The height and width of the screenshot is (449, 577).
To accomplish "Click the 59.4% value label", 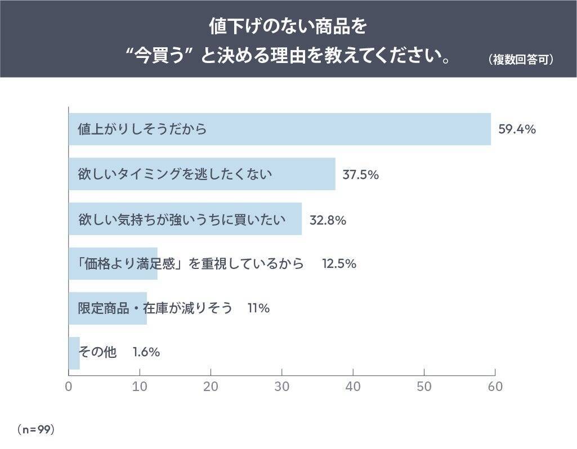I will (517, 129).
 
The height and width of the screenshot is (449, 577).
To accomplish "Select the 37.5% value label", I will (360, 174).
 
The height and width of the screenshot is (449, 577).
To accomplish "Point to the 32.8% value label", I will (328, 219).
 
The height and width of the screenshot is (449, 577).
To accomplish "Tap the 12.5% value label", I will (339, 263).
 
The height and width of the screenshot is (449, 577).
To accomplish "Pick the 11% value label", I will (258, 308).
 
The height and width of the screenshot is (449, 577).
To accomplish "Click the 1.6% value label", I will (146, 352).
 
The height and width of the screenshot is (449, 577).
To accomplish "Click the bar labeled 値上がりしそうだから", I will (280, 129).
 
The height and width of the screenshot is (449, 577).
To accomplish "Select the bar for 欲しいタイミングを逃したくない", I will (202, 174).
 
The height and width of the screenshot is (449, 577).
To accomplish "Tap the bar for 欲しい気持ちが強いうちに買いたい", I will (185, 219).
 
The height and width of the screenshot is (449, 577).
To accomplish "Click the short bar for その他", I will (74, 353).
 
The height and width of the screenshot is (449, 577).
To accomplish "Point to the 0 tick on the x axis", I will (69, 387).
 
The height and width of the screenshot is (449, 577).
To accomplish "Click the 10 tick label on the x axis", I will (140, 387).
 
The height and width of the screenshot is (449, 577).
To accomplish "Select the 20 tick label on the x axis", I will (211, 387).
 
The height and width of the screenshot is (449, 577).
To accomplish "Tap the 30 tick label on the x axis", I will (282, 387).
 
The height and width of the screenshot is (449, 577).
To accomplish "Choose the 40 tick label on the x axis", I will (353, 387).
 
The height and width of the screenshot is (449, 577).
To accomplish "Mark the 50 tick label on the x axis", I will (424, 387).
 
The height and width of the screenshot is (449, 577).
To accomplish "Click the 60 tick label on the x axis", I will (495, 387).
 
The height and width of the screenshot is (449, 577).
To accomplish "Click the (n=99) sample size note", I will (35, 429).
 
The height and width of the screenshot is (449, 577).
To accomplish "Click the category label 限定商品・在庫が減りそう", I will (155, 308).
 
